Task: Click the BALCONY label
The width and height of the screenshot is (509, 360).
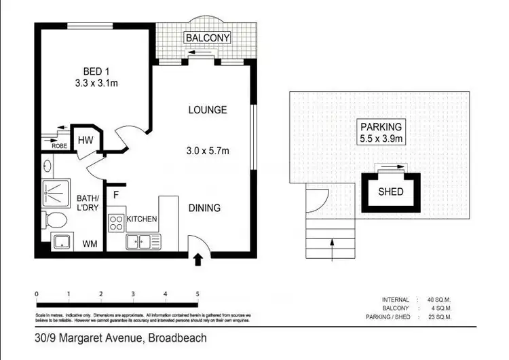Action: click(x=208, y=38)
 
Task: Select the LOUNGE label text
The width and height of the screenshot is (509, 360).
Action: click(x=207, y=110)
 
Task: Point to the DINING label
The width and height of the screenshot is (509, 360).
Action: click(x=204, y=208)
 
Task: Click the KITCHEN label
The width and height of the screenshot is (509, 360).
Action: click(x=142, y=219)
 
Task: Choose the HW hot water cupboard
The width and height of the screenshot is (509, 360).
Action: click(x=86, y=140)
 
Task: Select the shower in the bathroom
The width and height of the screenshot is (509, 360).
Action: click(x=61, y=192)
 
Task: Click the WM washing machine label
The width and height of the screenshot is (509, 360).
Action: click(x=89, y=243)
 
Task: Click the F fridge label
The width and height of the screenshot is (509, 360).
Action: click(x=116, y=195)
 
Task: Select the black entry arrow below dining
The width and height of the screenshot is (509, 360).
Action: click(x=198, y=259)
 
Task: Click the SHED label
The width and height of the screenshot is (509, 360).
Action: click(x=390, y=192)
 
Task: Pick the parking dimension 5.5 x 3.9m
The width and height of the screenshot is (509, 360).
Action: click(x=381, y=140)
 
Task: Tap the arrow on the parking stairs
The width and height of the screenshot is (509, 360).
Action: click(x=331, y=249)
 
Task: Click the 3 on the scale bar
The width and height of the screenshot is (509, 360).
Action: click(x=133, y=294)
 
